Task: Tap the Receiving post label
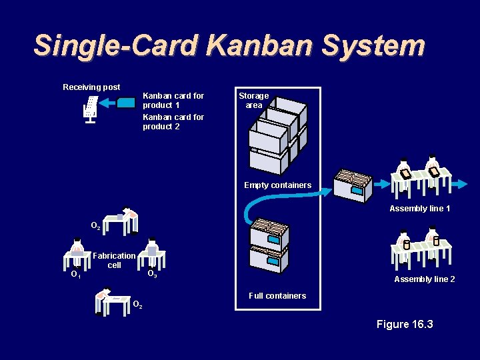point(91,87)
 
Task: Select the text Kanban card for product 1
point(173,101)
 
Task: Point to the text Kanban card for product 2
point(173,122)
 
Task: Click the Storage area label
point(253,101)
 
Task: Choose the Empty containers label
point(277,185)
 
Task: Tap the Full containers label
point(277,296)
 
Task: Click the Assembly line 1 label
point(420,209)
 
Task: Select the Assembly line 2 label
point(425,279)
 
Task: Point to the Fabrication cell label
point(114,260)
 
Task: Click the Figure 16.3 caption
point(405,324)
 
